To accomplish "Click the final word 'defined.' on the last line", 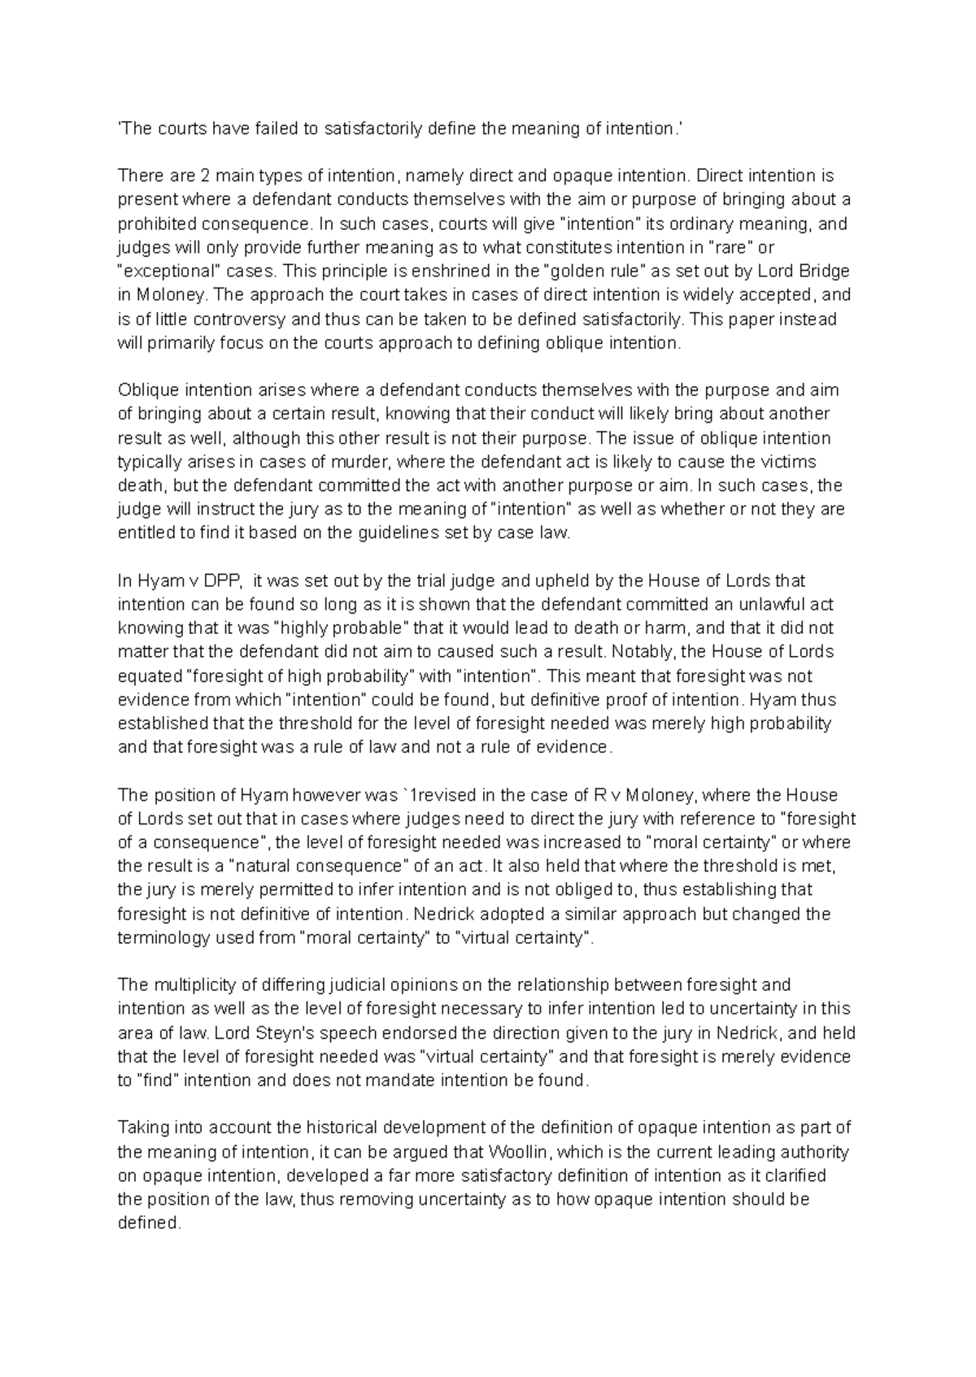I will [148, 1223].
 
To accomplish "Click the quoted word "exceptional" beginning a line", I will [163, 271].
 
